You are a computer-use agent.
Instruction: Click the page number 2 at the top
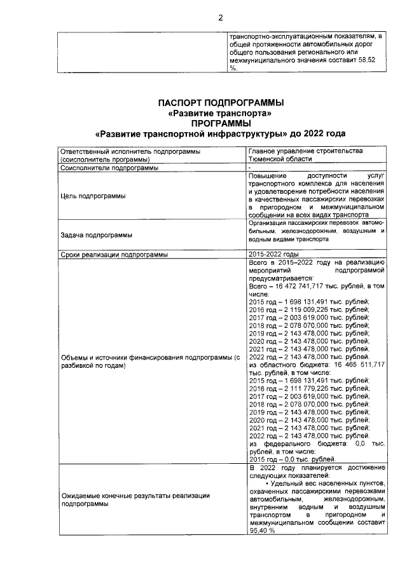[x=221, y=18]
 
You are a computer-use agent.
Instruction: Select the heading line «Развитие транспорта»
[x=221, y=113]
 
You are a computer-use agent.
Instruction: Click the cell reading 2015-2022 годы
[x=273, y=254]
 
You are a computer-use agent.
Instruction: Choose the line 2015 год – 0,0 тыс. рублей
[x=292, y=459]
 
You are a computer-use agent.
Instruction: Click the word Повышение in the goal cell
[x=268, y=175]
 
